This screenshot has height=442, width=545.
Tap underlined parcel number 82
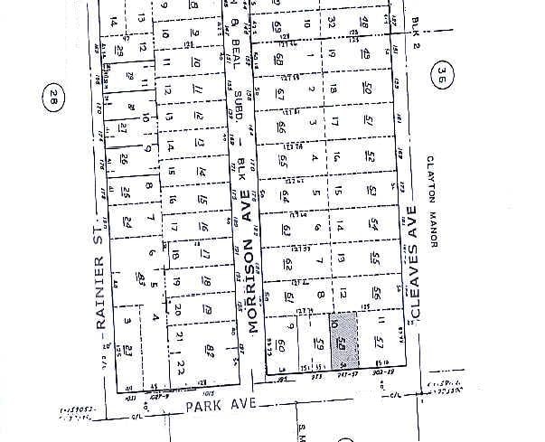click(x=209, y=350)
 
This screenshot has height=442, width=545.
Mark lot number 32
click(x=334, y=19)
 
